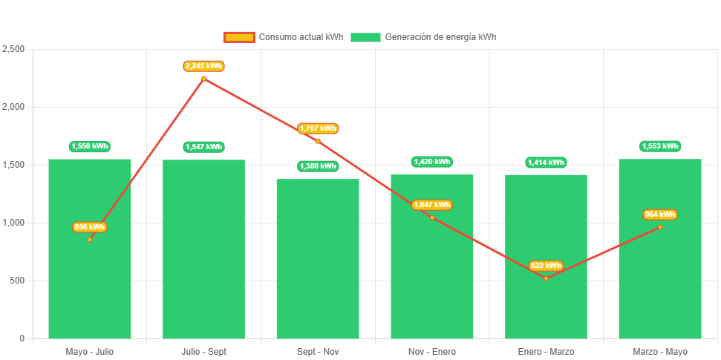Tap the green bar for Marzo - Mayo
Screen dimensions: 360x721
click(x=659, y=282)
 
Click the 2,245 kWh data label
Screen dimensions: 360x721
click(x=203, y=66)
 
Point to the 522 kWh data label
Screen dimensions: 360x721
click(x=546, y=266)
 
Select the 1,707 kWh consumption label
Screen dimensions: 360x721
click(x=318, y=128)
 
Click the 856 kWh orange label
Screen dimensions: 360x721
click(x=89, y=227)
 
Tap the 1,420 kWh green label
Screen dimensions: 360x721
click(x=431, y=162)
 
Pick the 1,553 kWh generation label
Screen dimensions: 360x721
click(x=659, y=146)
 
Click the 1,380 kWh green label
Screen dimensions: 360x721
click(x=318, y=166)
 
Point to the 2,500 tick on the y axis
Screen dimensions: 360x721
click(x=13, y=49)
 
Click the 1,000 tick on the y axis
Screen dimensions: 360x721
click(x=13, y=223)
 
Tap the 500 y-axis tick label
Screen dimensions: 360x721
click(x=16, y=281)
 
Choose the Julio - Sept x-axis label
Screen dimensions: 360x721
click(x=203, y=352)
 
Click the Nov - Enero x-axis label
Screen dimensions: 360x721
click(x=431, y=352)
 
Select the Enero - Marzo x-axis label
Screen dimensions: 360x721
click(x=546, y=352)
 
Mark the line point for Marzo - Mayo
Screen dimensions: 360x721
click(x=659, y=227)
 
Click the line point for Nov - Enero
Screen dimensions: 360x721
click(x=431, y=217)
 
